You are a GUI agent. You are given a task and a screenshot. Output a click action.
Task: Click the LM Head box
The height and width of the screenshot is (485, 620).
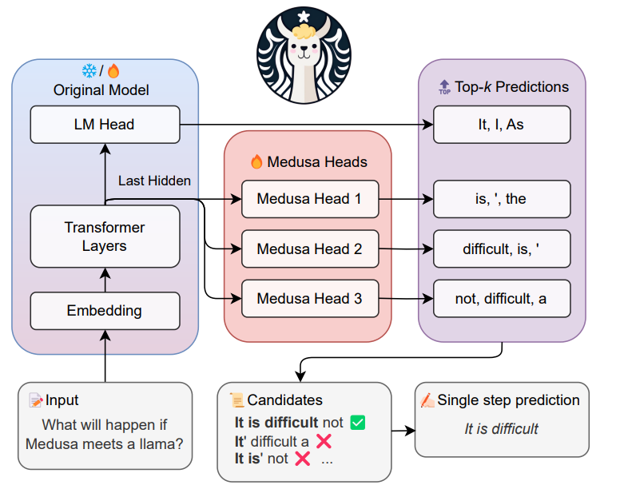(105, 125)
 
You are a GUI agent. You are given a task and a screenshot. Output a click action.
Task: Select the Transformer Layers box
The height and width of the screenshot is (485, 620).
(105, 237)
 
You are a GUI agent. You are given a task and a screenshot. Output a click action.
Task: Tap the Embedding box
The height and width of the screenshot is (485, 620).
(105, 311)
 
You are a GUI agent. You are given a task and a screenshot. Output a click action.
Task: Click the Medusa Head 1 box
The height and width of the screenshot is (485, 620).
(309, 199)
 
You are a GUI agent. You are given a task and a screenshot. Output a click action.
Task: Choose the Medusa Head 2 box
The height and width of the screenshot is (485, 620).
(309, 249)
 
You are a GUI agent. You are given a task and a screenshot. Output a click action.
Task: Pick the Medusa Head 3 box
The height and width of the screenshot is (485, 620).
(309, 299)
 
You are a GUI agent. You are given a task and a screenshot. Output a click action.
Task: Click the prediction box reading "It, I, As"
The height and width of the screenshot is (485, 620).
(502, 125)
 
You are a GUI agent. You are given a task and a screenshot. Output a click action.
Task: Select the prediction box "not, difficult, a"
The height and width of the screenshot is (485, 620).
(502, 299)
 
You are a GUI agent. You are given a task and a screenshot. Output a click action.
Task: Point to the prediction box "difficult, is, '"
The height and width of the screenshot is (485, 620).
(502, 249)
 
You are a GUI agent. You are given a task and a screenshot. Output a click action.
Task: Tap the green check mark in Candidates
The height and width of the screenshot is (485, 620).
(357, 423)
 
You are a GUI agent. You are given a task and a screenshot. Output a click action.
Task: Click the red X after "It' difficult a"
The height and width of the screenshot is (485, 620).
(324, 441)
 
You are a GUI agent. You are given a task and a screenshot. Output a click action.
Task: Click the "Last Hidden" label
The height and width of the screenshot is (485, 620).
(154, 181)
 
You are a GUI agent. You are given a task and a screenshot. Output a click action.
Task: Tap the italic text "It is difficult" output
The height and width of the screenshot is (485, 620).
(502, 429)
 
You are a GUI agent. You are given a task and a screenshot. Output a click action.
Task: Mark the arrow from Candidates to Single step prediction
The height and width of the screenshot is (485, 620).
(403, 431)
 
